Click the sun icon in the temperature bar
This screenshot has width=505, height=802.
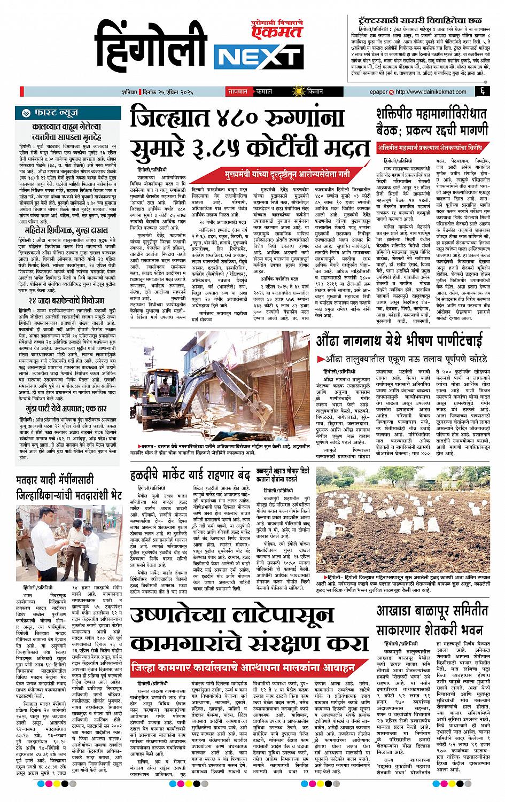tap(301, 91)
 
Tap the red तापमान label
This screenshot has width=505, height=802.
tap(239, 91)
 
